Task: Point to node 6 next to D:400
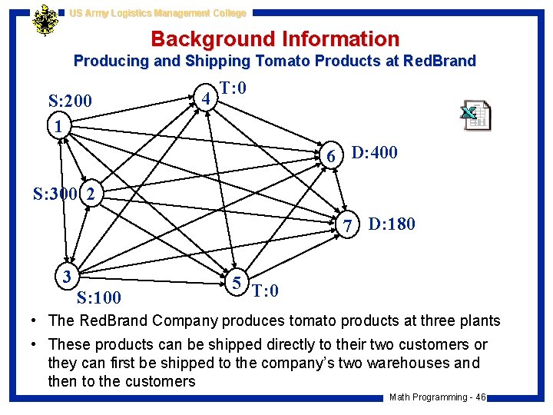click(x=331, y=156)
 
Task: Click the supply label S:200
click(x=70, y=101)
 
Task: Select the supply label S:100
click(x=100, y=297)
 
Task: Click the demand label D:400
click(x=374, y=152)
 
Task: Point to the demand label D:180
click(x=392, y=224)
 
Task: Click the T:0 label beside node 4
click(x=233, y=88)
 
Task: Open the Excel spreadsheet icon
click(x=475, y=115)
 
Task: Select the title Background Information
click(x=275, y=38)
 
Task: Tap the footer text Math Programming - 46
click(x=437, y=397)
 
